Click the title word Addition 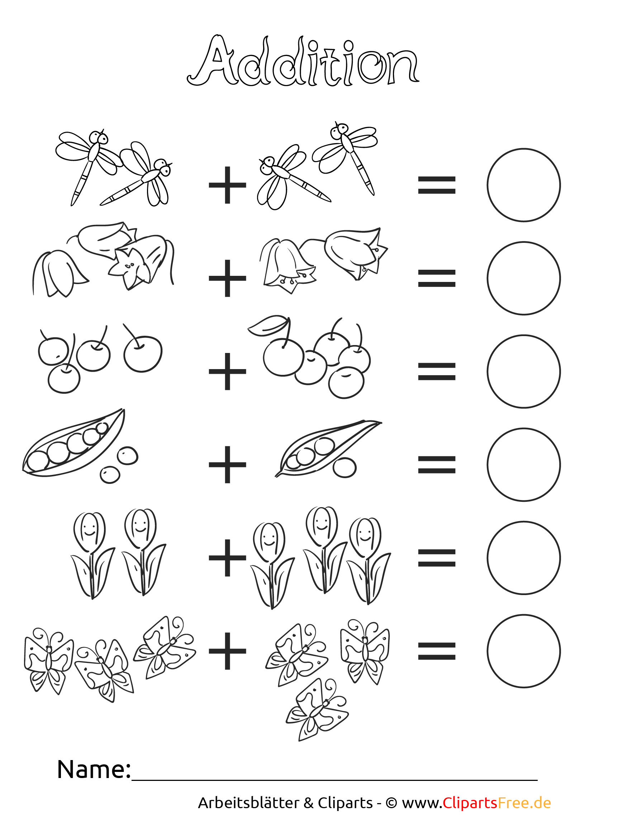[x=303, y=60]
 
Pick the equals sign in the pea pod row [x=437, y=465]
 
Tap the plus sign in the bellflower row [x=227, y=278]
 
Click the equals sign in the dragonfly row [x=437, y=185]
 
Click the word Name [x=94, y=769]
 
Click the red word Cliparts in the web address [x=470, y=803]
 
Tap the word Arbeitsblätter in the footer [x=248, y=803]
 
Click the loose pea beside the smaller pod [x=345, y=468]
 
